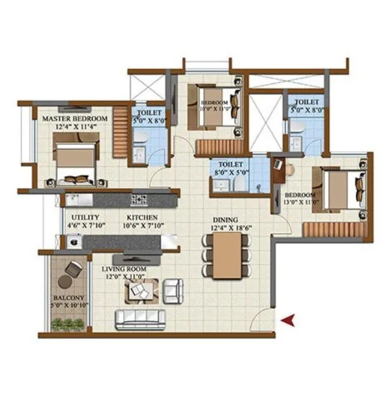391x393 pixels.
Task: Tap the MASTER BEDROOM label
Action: tap(74, 119)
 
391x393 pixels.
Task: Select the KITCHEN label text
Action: tap(142, 217)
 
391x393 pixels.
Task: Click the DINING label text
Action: tap(224, 220)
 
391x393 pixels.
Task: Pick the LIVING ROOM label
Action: tap(123, 268)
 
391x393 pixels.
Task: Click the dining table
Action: tap(226, 254)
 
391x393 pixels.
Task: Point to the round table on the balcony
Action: tap(66, 282)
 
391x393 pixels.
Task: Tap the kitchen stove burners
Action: tap(139, 199)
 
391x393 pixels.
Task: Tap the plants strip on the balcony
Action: tap(68, 324)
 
